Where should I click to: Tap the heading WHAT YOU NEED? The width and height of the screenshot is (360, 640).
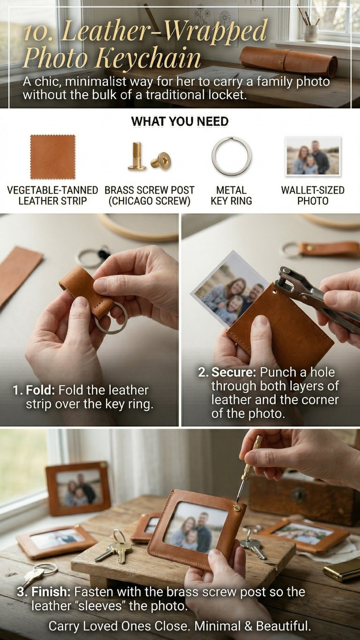(180, 122)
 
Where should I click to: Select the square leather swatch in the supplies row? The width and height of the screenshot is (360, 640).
(53, 157)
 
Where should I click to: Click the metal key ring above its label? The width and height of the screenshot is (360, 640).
(232, 156)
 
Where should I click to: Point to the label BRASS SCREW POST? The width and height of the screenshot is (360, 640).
(149, 190)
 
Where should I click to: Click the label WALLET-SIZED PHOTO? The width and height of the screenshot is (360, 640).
(313, 195)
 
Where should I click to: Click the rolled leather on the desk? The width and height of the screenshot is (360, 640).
(288, 60)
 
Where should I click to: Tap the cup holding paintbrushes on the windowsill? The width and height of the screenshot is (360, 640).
(311, 33)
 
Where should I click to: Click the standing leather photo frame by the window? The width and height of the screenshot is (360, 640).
(78, 489)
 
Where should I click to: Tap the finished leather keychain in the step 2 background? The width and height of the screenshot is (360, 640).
(320, 249)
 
